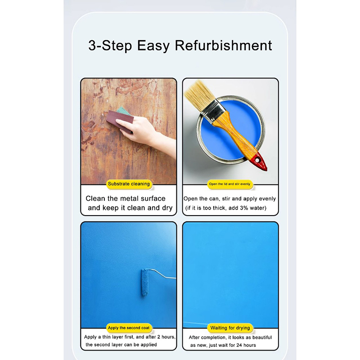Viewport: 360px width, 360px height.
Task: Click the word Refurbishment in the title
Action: (x=223, y=46)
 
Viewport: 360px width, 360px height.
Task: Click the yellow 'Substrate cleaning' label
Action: (x=129, y=184)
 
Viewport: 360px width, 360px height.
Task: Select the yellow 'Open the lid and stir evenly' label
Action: (x=230, y=184)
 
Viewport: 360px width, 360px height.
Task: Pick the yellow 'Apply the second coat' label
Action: (x=129, y=328)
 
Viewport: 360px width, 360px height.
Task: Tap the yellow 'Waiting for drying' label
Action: (x=230, y=328)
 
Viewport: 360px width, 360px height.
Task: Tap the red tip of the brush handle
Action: (x=260, y=162)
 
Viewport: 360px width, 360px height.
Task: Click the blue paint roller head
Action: (x=145, y=282)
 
